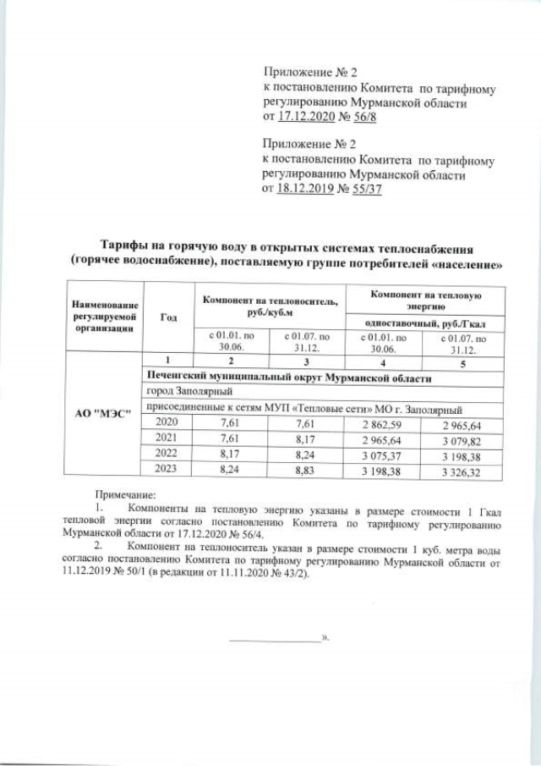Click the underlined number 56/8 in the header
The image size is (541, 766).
point(360,117)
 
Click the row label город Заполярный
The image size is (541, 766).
point(183,393)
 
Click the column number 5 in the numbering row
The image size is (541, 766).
point(462,363)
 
